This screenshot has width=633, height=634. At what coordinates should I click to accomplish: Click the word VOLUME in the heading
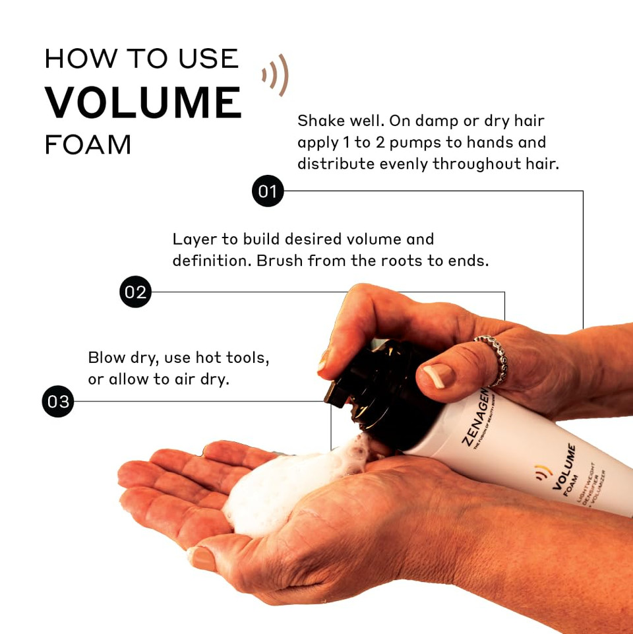[143, 102]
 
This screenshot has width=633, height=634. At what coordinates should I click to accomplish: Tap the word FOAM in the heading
[88, 144]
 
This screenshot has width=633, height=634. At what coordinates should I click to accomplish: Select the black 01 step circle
[268, 191]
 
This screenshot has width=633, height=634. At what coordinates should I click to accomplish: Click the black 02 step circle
[135, 292]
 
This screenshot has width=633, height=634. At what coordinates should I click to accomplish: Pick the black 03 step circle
[58, 401]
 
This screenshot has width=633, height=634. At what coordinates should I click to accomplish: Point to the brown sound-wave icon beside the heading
[276, 75]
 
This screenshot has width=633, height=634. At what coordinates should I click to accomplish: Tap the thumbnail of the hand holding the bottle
[437, 375]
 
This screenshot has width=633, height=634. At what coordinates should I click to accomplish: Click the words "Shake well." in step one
[339, 121]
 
